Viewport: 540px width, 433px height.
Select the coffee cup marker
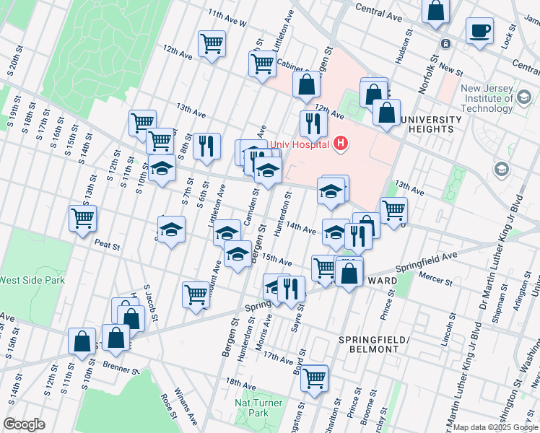point(479,31)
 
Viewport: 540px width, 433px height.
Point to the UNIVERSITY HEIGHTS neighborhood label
point(431,124)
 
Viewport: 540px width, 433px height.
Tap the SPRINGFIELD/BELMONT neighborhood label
point(374,344)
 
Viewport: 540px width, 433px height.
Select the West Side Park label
point(32,280)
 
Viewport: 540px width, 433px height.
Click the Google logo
point(24,424)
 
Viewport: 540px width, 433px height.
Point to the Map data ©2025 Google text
point(495,427)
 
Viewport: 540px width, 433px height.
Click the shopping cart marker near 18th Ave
point(314,377)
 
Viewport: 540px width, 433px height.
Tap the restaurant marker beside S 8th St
point(207,146)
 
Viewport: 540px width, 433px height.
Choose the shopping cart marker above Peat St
point(83,216)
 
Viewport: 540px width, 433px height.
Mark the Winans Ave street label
point(189,404)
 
